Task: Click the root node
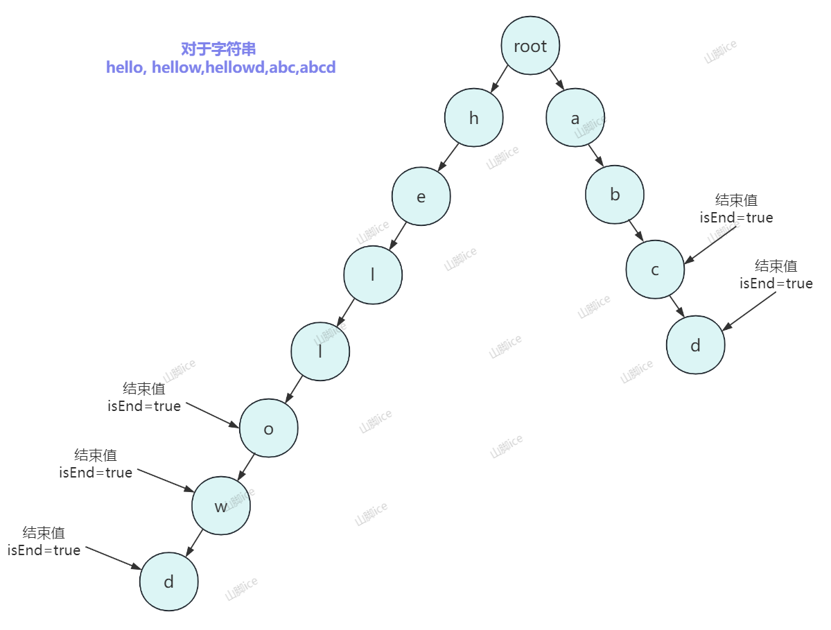530,46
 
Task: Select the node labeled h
474,118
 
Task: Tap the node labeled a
575,118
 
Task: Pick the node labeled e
421,197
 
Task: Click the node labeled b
615,195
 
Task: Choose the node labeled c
655,270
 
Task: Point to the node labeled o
269,428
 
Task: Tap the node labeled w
221,506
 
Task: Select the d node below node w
168,581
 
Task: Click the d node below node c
696,345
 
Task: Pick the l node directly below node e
373,274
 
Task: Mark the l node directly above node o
320,351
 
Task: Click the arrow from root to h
499,80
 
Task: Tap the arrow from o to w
246,466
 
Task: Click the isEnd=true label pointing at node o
144,406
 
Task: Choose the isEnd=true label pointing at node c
736,218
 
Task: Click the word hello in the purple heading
125,68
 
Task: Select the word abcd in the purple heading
317,68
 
